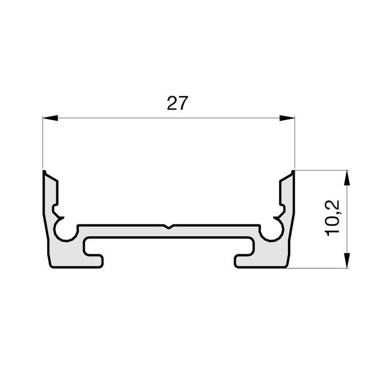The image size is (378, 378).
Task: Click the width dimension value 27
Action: (177, 103)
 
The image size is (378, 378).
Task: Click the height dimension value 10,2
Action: (333, 218)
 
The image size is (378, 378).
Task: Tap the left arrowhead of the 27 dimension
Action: (51, 118)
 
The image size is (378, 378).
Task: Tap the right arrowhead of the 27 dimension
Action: (287, 118)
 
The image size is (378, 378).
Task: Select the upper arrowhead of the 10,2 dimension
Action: (347, 178)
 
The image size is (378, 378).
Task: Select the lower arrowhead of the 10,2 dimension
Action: (347, 260)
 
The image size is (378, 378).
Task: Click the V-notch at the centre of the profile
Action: (169, 227)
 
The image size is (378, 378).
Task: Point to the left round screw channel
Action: (66, 230)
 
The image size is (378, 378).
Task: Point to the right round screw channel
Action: (272, 230)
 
